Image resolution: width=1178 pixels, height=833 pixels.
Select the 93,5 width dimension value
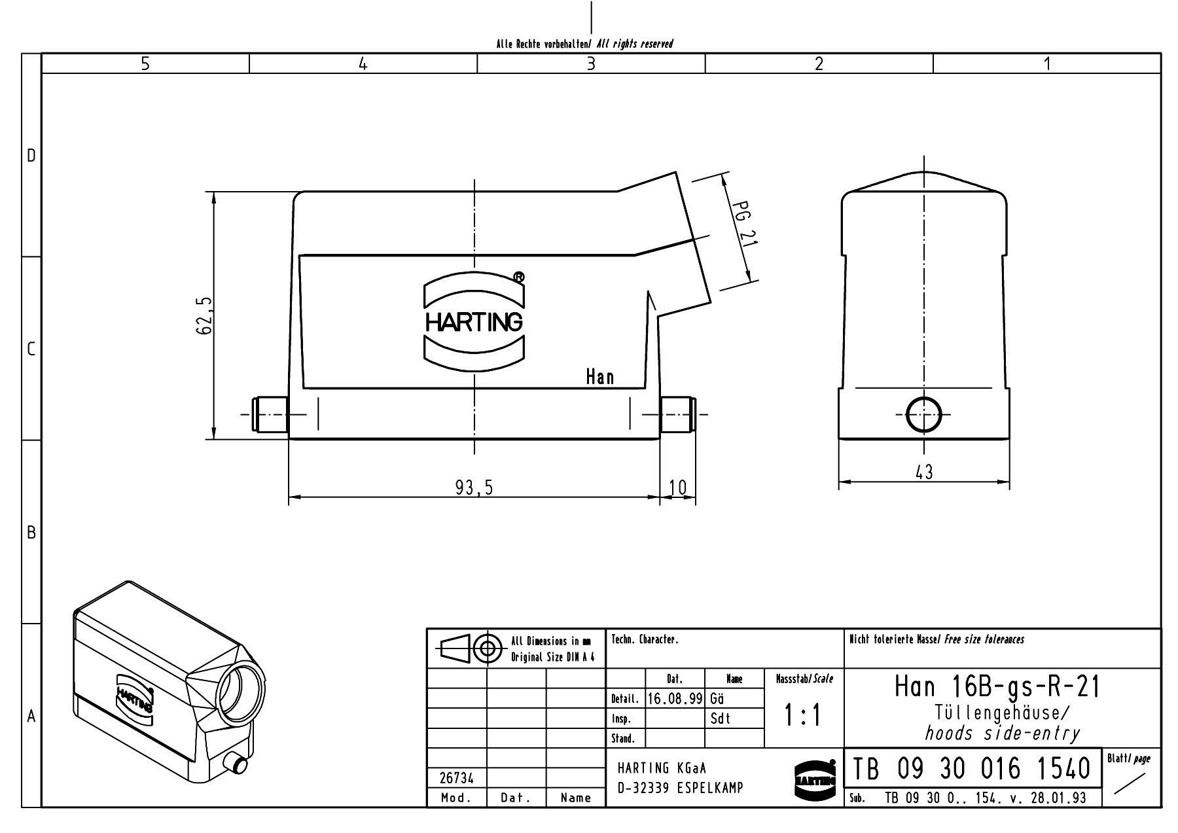pyautogui.click(x=474, y=487)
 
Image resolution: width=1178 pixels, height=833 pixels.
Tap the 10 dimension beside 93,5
pyautogui.click(x=678, y=487)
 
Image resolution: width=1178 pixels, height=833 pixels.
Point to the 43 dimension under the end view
pyautogui.click(x=923, y=472)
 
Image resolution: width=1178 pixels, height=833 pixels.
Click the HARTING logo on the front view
pyautogui.click(x=474, y=321)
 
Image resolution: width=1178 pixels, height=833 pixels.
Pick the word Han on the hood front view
pyautogui.click(x=599, y=377)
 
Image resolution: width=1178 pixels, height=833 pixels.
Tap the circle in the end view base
pyautogui.click(x=923, y=414)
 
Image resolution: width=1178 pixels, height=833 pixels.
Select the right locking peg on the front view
pyautogui.click(x=677, y=414)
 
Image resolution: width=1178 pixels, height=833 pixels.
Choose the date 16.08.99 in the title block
pyautogui.click(x=675, y=699)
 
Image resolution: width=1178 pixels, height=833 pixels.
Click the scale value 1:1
pyautogui.click(x=803, y=717)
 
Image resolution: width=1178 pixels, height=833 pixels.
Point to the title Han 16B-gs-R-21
pyautogui.click(x=997, y=686)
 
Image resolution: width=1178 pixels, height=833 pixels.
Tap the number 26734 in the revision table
pyautogui.click(x=457, y=779)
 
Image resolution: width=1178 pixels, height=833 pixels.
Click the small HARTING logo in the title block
pyautogui.click(x=815, y=779)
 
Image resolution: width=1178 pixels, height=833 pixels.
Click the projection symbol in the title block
pyautogui.click(x=471, y=649)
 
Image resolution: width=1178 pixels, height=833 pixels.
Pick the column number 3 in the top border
pyautogui.click(x=591, y=63)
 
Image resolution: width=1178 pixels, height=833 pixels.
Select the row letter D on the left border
pyautogui.click(x=31, y=156)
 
